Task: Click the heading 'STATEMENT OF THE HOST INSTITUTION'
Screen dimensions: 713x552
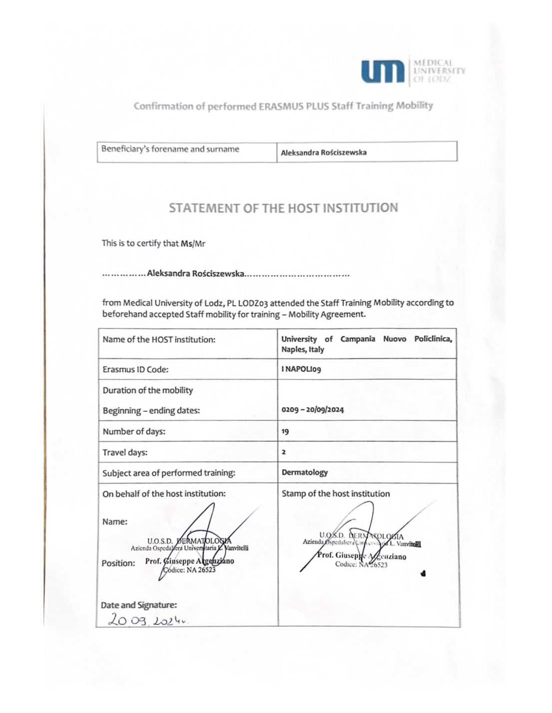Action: [x=283, y=208]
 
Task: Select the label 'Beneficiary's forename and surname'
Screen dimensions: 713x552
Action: [x=170, y=149]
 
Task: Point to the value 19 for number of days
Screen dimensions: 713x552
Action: [x=285, y=432]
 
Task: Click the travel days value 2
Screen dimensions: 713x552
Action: [x=283, y=452]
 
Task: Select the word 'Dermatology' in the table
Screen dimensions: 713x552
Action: [x=304, y=472]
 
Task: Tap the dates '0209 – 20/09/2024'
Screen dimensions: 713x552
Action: [x=312, y=410]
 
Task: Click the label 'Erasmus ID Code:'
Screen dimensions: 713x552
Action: [x=135, y=369]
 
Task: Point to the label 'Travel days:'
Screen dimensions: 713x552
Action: [x=125, y=453]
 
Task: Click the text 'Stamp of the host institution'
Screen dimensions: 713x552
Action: [x=335, y=494]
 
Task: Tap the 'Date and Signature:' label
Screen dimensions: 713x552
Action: [x=139, y=605]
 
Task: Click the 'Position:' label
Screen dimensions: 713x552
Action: [x=118, y=563]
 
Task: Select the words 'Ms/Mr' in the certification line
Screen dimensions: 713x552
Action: [x=193, y=244]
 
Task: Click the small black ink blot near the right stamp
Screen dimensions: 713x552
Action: [x=423, y=573]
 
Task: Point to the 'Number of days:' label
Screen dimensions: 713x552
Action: [x=134, y=432]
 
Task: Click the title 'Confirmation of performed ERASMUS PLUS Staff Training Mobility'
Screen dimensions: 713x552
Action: [x=283, y=106]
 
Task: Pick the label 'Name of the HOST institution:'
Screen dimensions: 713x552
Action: [x=159, y=340]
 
